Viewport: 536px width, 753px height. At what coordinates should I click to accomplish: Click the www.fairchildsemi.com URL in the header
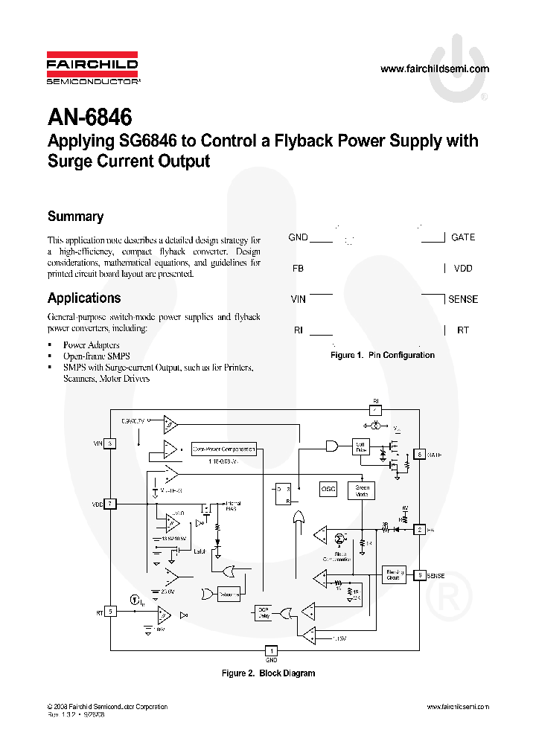pos(435,69)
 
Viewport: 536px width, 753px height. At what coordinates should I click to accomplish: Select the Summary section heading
pos(75,217)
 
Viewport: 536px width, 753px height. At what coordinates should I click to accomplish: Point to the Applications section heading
pos(83,298)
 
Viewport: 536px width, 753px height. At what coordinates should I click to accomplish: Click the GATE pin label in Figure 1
pos(462,237)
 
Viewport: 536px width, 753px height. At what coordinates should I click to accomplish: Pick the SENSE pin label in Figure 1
pos(462,299)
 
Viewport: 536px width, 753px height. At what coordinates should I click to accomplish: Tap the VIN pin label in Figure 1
pos(298,299)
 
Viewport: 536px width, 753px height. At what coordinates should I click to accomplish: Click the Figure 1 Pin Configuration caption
pos(382,356)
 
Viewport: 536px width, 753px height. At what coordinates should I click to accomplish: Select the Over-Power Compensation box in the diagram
pos(224,449)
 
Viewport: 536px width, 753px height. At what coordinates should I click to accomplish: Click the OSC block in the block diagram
pos(328,490)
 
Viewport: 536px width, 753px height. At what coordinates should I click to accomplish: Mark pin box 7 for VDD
pos(110,504)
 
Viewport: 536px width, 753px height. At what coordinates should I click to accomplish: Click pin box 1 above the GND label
pos(271,650)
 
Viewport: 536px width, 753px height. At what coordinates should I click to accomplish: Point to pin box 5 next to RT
pos(110,612)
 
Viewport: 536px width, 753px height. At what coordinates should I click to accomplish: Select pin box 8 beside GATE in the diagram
pos(420,455)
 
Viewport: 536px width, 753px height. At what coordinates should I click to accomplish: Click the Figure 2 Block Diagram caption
pos(268,673)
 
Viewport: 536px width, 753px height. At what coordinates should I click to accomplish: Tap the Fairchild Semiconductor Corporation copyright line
pos(106,707)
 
